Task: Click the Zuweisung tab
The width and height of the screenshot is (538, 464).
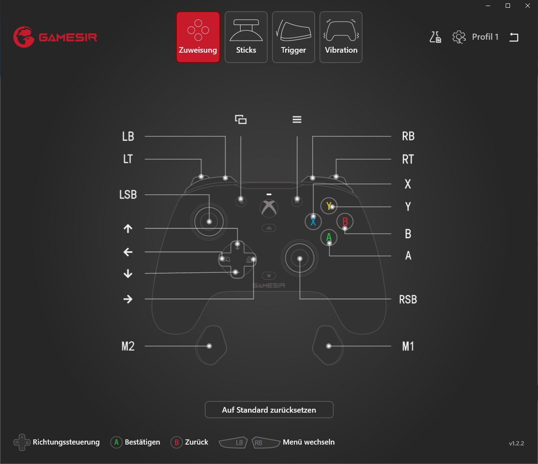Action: point(198,37)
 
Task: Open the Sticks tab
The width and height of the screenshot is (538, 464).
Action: point(246,37)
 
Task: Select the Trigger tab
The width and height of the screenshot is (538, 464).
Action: point(293,37)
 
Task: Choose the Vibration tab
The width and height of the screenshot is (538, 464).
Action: point(341,37)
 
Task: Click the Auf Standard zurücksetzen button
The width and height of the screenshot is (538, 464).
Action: point(269,410)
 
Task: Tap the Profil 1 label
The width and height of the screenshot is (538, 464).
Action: point(485,37)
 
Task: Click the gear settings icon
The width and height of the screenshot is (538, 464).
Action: point(459,37)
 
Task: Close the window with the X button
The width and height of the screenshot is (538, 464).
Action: point(528,6)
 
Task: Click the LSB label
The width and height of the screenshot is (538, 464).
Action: point(128,195)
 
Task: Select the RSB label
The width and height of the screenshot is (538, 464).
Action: point(408,300)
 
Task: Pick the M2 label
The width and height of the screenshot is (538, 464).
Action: point(128,347)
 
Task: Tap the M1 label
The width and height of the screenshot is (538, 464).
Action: point(408,347)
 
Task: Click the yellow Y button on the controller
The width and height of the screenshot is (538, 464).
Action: point(329,206)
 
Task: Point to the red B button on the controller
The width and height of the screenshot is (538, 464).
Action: point(345,221)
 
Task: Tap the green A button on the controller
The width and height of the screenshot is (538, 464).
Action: point(329,237)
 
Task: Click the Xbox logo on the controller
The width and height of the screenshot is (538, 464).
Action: point(269,208)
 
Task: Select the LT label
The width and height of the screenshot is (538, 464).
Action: point(128,159)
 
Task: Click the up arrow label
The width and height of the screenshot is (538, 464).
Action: point(128,229)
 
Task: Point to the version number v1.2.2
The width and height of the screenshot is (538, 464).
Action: point(516,443)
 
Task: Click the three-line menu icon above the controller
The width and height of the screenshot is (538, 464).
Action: point(297,120)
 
